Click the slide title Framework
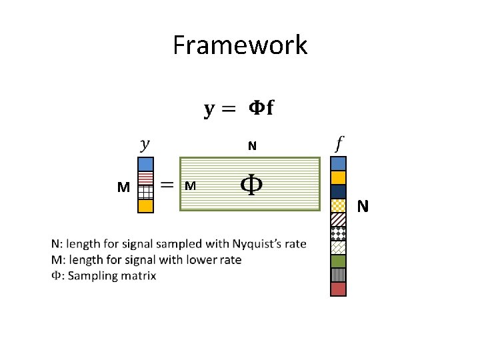click(240, 45)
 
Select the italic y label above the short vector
click(145, 143)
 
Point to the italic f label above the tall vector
click(339, 143)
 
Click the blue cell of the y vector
click(146, 164)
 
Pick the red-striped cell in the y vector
click(146, 178)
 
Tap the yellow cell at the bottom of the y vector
click(146, 206)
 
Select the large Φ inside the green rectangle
click(250, 185)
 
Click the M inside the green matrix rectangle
click(190, 186)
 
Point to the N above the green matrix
click(251, 146)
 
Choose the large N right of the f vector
click(363, 207)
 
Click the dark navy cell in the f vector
click(339, 191)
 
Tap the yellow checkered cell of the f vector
click(339, 205)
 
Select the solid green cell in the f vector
click(339, 261)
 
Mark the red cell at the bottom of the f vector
click(339, 289)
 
